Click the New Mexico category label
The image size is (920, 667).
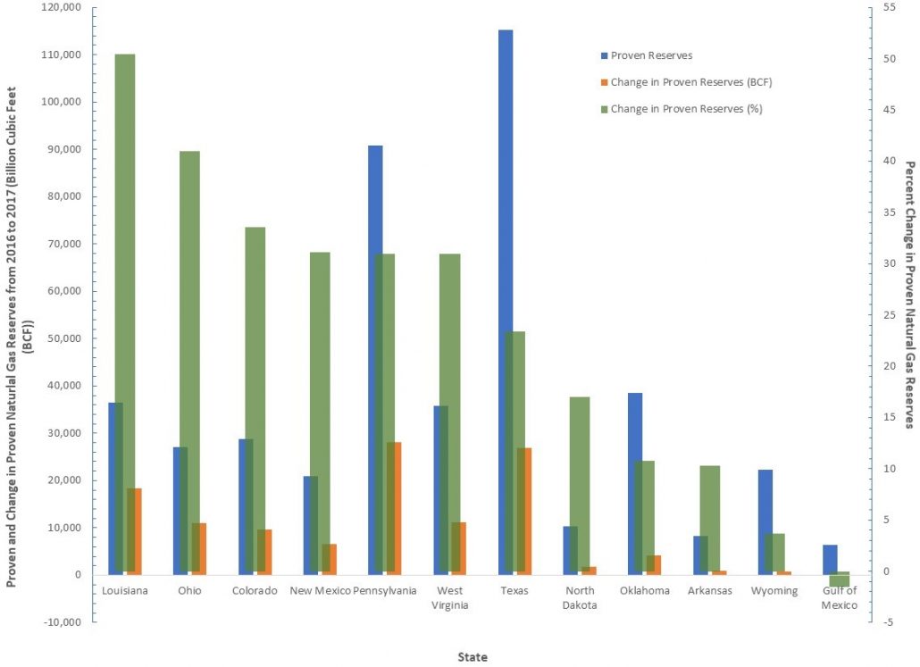coord(319,591)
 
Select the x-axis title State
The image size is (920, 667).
coord(473,656)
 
